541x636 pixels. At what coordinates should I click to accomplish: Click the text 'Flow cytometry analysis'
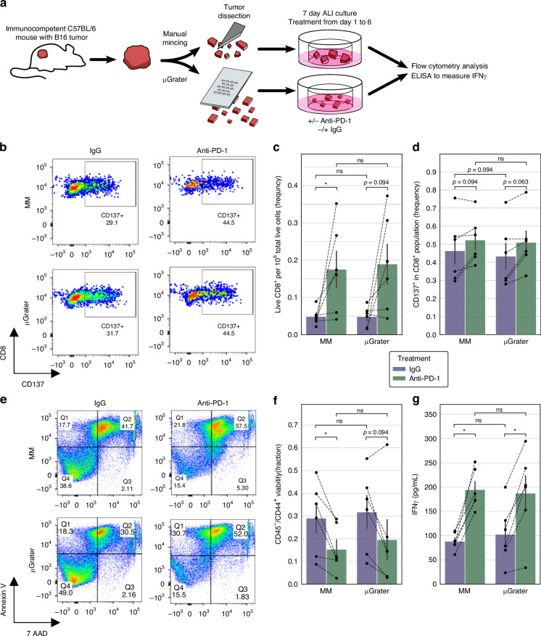pos(450,66)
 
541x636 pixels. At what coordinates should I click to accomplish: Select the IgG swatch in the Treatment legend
pos(399,369)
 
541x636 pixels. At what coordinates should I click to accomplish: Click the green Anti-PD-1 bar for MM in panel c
pos(336,302)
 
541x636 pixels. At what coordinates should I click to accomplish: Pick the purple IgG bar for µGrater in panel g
pos(505,559)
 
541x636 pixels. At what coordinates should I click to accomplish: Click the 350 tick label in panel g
pos(431,415)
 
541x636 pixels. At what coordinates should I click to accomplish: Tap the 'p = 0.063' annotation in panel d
pos(516,182)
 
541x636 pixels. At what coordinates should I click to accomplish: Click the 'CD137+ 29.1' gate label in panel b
pos(112,219)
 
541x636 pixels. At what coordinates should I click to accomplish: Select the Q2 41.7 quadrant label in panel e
pos(127,422)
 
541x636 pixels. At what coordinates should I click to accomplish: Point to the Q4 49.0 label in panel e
pos(66,590)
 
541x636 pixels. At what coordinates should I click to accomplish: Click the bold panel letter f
pos(276,401)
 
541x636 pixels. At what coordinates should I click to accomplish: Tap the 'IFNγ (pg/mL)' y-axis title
pos(415,495)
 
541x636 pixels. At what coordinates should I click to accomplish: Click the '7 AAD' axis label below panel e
pos(37,633)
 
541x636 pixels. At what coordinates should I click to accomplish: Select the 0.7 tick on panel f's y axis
pos(292,425)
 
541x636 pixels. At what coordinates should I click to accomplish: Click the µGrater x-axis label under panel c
pos(377,342)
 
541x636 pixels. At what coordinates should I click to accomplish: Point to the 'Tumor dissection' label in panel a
pos(234,12)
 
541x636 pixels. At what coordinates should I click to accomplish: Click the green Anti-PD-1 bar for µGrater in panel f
pos(387,562)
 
